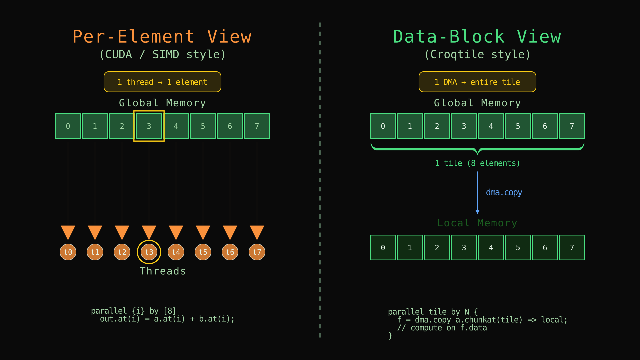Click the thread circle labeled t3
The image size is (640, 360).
(149, 252)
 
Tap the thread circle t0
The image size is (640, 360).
(68, 252)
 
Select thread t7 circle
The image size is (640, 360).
(257, 252)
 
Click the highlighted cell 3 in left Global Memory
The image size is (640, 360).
(149, 126)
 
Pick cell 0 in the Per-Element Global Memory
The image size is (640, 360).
(68, 126)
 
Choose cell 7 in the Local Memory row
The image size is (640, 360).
(572, 248)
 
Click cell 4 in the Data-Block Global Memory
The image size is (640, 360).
(491, 126)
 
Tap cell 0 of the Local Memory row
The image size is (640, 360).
(383, 248)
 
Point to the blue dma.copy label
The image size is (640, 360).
(504, 192)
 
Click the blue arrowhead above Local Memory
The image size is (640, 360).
(477, 212)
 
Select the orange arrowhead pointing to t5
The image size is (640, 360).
(203, 232)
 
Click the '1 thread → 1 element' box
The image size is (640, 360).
(162, 82)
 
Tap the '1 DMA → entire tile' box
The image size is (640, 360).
(477, 82)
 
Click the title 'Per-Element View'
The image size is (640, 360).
(162, 37)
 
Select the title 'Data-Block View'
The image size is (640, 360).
(477, 37)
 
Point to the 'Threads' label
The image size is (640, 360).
(163, 271)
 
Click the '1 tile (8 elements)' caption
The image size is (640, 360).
(477, 163)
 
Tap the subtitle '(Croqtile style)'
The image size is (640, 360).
(477, 54)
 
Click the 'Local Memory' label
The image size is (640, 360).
(477, 223)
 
